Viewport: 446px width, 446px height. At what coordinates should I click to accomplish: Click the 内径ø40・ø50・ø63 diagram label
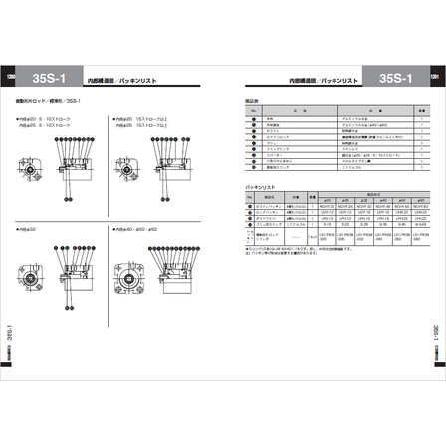133,228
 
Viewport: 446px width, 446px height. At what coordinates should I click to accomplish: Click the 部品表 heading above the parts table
251,101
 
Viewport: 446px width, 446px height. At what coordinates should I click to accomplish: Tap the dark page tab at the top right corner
435,77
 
